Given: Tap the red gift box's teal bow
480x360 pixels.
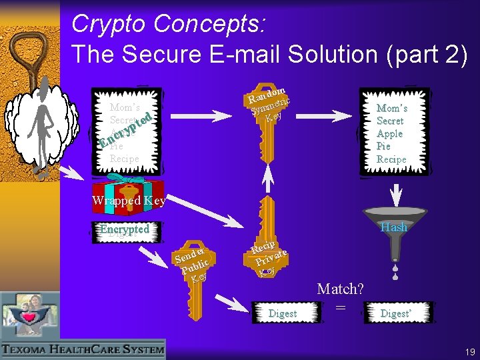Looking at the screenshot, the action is click(x=127, y=178).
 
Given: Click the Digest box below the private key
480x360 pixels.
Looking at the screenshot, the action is click(x=282, y=313).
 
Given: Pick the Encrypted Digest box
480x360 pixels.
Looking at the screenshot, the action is click(x=124, y=230).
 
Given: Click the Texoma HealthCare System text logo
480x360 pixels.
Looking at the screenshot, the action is click(x=83, y=349).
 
